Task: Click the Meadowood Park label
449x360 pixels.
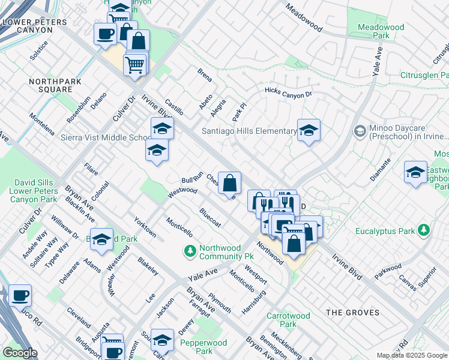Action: [381, 31]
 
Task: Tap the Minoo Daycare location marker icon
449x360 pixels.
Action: [360, 131]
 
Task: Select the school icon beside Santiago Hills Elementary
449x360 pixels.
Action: [309, 131]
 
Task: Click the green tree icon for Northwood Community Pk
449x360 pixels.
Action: [190, 250]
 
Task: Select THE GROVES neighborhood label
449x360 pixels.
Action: [352, 313]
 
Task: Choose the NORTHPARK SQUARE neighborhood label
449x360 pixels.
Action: [50, 85]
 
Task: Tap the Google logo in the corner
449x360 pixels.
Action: [20, 353]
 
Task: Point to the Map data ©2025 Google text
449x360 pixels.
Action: [412, 355]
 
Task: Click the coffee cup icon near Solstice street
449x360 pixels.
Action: [105, 34]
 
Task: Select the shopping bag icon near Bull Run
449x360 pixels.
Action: [229, 182]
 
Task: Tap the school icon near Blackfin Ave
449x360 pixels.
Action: [101, 239]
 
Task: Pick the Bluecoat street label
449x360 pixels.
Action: [210, 217]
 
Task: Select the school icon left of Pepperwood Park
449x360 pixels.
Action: [162, 340]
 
